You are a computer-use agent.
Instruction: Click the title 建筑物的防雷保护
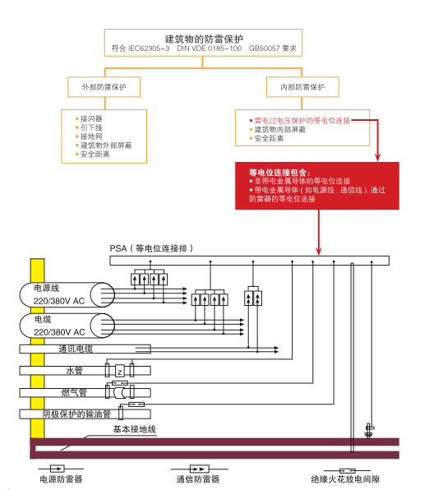click(204, 39)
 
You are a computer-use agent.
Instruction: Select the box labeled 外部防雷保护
click(104, 87)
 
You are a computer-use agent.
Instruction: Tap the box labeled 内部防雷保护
click(302, 87)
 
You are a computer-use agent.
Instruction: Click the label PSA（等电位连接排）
click(151, 248)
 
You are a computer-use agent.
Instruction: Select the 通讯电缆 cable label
click(76, 349)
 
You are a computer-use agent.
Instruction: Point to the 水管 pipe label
click(74, 371)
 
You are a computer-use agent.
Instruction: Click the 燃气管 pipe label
click(74, 392)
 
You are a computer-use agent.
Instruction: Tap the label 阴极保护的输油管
click(77, 414)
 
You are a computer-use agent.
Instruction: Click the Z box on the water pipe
click(120, 372)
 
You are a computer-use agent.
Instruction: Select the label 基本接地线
click(134, 429)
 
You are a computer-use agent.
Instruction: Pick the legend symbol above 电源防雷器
click(58, 469)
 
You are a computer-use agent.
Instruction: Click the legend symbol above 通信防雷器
click(200, 469)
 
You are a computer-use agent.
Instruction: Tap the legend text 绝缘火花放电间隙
click(345, 479)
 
